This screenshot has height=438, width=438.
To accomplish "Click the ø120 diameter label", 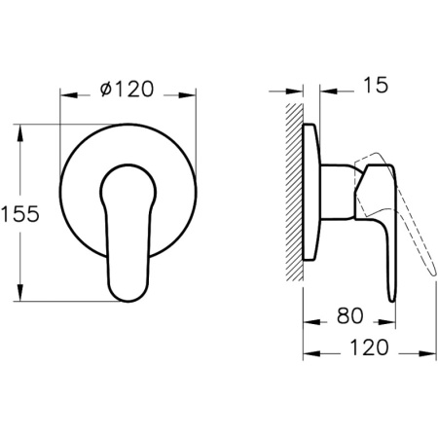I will pyautogui.click(x=128, y=89).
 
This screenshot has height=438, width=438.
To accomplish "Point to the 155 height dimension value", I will pyautogui.click(x=20, y=213).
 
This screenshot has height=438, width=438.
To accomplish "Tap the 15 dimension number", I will pyautogui.click(x=376, y=86).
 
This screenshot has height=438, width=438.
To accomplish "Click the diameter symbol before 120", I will pyautogui.click(x=106, y=89).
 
